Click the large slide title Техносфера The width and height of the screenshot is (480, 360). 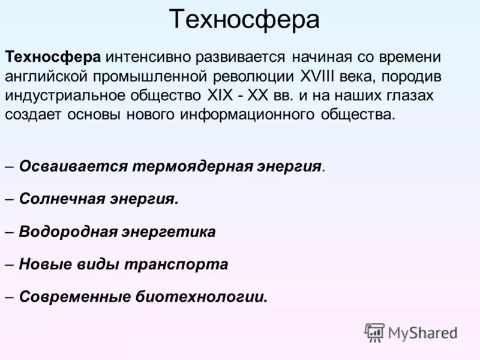(x=244, y=20)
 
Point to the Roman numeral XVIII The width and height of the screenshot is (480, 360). (x=319, y=76)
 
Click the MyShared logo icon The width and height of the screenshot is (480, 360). (x=374, y=332)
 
